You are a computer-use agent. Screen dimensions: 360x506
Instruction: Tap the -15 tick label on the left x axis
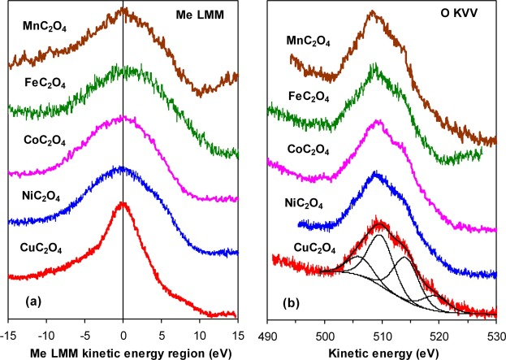[9, 334]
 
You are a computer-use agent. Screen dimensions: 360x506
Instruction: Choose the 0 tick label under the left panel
[123, 334]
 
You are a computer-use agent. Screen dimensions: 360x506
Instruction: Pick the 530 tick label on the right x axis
[495, 334]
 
